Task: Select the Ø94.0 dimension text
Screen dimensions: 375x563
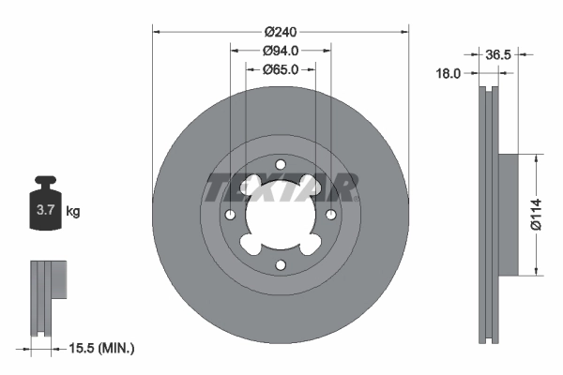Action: pos(281,50)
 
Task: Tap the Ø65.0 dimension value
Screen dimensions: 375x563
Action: pos(281,69)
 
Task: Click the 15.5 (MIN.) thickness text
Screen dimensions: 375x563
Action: pos(102,348)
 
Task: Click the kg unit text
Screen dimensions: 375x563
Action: pos(72,212)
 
